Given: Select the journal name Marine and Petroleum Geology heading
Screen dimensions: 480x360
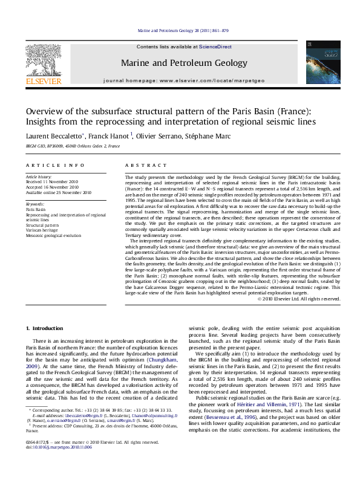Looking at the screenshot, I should tap(184, 63).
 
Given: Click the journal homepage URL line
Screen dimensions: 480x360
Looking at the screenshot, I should tap(184, 80).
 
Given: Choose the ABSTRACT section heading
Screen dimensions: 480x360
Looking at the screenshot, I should tap(141, 165).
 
